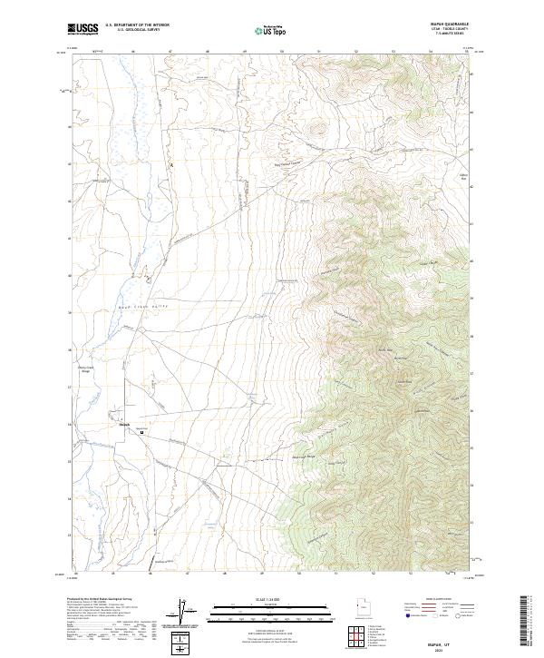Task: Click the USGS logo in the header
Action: (83, 29)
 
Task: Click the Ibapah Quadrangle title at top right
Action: (452, 25)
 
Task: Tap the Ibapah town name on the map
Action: (126, 424)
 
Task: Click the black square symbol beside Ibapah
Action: (141, 433)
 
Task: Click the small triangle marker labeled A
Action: (170, 165)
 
